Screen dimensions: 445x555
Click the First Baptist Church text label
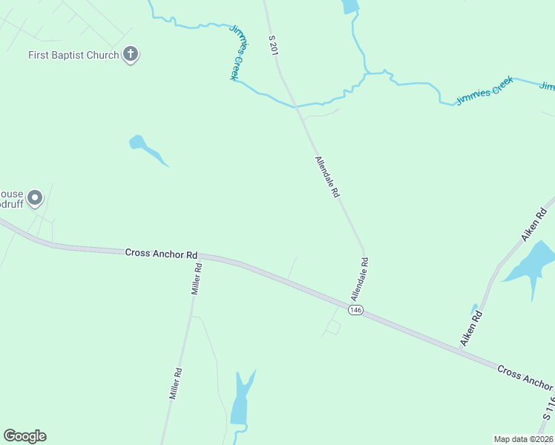[x=73, y=55]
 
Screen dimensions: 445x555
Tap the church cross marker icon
[x=131, y=54]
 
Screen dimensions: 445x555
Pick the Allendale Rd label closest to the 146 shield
[x=360, y=279]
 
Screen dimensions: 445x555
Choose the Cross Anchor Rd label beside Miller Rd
[x=161, y=253]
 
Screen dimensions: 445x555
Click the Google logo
[x=24, y=436]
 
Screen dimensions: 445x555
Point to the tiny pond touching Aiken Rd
[x=474, y=308]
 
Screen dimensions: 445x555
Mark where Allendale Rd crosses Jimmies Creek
[x=298, y=106]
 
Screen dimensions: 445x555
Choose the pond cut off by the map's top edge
[x=349, y=7]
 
